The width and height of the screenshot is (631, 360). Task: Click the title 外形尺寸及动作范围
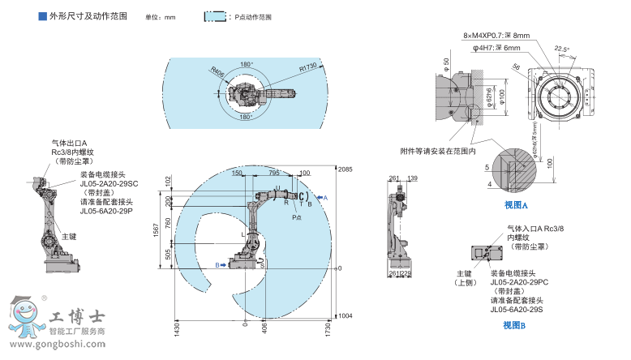pyautogui.click(x=88, y=15)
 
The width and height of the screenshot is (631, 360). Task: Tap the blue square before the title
pyautogui.click(x=43, y=15)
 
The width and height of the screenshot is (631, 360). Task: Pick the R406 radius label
pyautogui.click(x=217, y=71)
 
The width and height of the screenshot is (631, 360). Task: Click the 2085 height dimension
pyautogui.click(x=346, y=168)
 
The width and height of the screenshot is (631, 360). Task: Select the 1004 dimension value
pyautogui.click(x=346, y=315)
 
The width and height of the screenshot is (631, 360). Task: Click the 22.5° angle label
pyautogui.click(x=561, y=49)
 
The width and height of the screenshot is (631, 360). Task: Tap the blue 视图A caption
pyautogui.click(x=515, y=206)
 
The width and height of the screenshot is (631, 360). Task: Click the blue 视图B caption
pyautogui.click(x=513, y=325)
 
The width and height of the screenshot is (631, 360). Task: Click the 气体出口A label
pyautogui.click(x=69, y=143)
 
